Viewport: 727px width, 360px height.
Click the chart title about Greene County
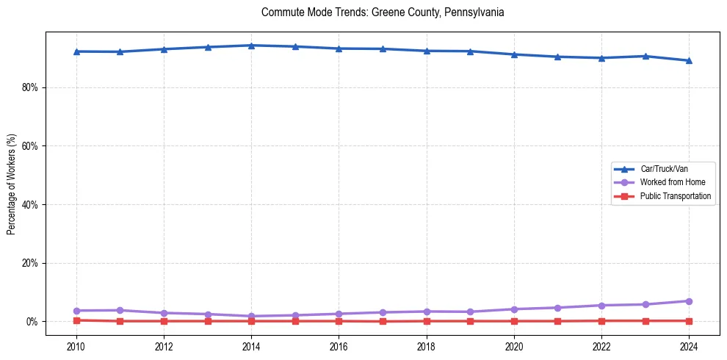pos(383,12)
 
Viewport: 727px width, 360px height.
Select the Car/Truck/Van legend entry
pos(663,169)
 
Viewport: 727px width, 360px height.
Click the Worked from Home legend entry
pos(672,182)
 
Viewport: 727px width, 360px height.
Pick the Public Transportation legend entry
pos(675,196)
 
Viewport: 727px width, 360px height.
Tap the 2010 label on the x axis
pos(76,346)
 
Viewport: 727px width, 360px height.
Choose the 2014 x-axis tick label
pos(251,346)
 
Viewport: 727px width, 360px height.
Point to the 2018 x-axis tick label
pos(427,346)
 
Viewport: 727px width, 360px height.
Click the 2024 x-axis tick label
pos(689,346)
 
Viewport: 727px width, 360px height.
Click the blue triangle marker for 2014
pos(251,46)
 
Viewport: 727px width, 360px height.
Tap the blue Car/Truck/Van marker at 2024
pos(689,60)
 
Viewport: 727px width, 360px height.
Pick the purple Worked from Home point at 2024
pos(689,301)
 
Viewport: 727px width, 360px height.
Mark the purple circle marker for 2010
pos(76,311)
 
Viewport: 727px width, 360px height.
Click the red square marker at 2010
pos(76,320)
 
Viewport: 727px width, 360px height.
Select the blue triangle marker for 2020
pos(514,54)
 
